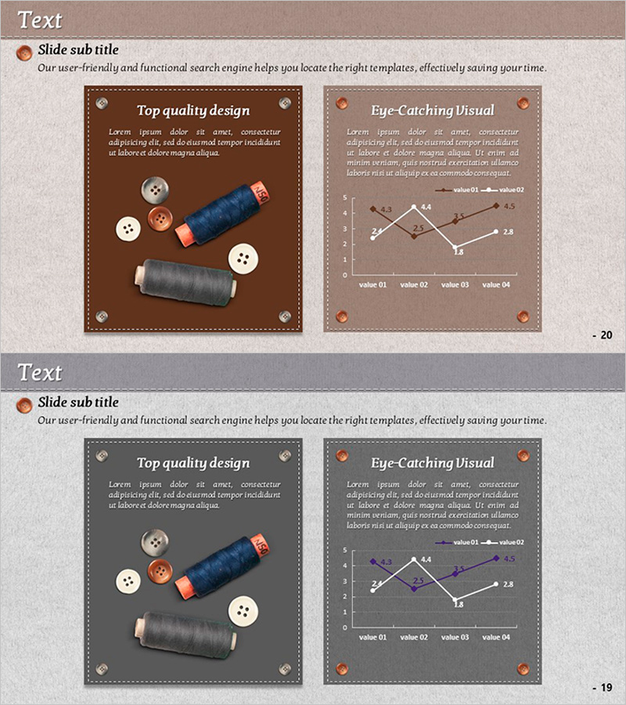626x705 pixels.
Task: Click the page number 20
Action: tap(606, 335)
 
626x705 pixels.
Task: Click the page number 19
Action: tap(606, 688)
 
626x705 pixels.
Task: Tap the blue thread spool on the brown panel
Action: tap(222, 213)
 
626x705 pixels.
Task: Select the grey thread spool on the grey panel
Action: tap(185, 634)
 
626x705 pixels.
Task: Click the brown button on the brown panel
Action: tap(160, 219)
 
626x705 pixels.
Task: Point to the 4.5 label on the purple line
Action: tap(509, 559)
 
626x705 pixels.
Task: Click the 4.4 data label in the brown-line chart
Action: tap(426, 208)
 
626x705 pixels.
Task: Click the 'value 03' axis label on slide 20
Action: tap(455, 284)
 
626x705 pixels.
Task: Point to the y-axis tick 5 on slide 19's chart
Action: tap(345, 550)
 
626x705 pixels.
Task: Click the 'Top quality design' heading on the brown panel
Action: tap(193, 110)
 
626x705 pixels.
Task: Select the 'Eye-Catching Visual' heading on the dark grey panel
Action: tap(433, 463)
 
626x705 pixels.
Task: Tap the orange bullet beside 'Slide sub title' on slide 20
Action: tap(24, 52)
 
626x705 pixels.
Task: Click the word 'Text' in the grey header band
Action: tap(40, 372)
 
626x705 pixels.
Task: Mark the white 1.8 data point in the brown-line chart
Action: tap(455, 248)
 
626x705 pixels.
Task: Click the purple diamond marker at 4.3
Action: tap(372, 562)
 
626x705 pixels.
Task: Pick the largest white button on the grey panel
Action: tap(243, 611)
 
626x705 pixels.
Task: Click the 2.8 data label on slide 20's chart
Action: tap(508, 232)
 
